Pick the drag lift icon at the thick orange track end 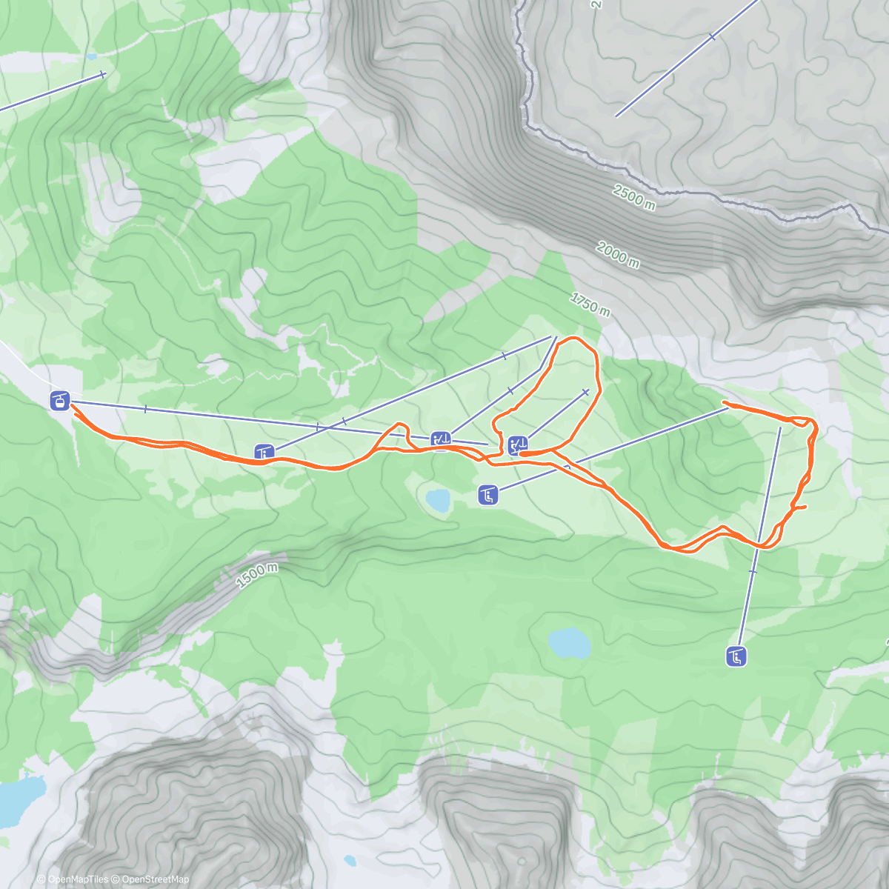point(518,445)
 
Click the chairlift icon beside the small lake point(487,495)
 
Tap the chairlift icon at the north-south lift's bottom point(736,656)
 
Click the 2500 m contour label point(633,198)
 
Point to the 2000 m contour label point(617,255)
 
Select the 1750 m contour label point(590,304)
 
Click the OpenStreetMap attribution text point(155,879)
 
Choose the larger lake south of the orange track point(569,643)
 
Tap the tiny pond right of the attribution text point(350,860)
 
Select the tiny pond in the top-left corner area point(90,56)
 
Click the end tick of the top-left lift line point(103,73)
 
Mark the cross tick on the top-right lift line point(711,36)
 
